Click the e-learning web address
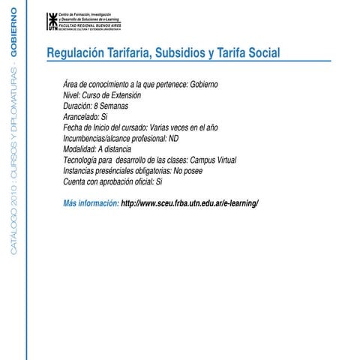pos(190,203)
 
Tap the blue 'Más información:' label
pos(91,203)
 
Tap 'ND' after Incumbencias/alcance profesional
pos(174,139)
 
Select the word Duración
pos(79,107)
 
